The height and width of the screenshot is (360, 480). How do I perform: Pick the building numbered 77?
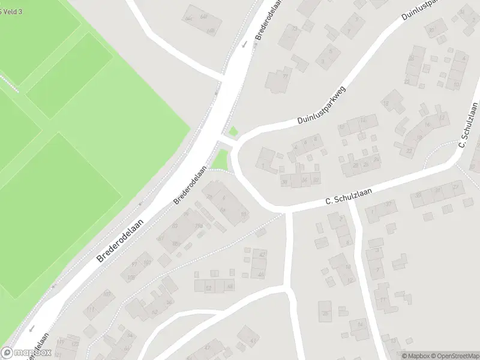coord(277,80)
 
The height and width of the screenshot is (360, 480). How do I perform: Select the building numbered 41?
coord(247,337)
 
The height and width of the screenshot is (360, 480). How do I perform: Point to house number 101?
coord(148,263)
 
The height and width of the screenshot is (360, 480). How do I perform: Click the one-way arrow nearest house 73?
coord(244,43)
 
